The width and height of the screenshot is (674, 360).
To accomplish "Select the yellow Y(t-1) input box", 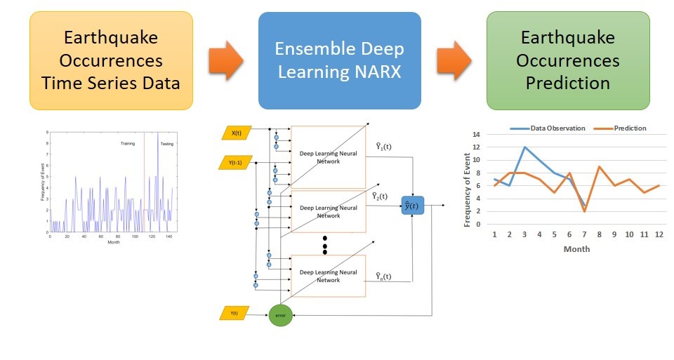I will [x=238, y=163].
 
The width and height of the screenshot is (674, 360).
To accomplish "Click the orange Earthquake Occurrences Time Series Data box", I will [x=111, y=60].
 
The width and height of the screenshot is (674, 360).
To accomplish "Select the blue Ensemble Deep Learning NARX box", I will [x=339, y=60].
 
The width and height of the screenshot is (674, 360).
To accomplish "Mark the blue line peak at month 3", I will [x=524, y=147].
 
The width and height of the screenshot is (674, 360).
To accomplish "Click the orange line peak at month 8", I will [x=599, y=167].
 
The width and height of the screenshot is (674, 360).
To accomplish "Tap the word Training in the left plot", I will [x=128, y=144].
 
